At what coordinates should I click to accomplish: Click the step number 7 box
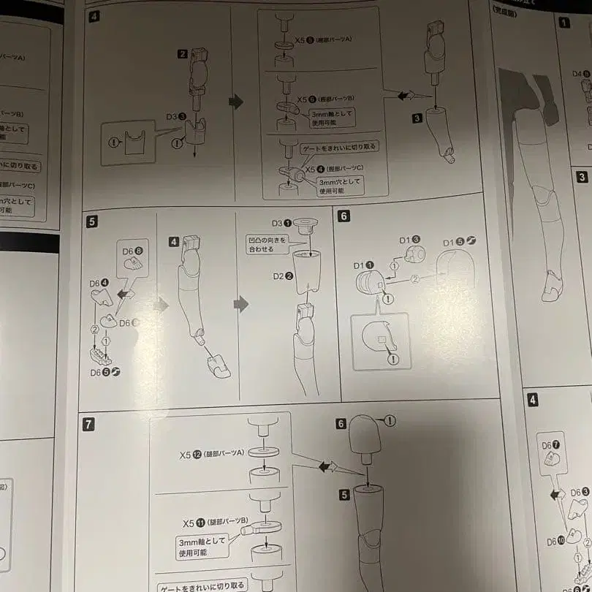click(88, 422)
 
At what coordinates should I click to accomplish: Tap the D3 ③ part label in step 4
click(175, 116)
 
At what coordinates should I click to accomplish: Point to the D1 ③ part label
click(409, 240)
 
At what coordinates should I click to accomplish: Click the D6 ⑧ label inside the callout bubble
click(132, 251)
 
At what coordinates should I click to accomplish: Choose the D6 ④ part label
click(99, 283)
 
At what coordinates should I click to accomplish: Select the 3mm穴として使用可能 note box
click(330, 185)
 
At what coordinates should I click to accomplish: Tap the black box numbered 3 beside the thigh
click(417, 117)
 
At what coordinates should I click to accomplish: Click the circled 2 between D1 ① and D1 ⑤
click(415, 278)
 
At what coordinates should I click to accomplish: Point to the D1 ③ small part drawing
click(414, 254)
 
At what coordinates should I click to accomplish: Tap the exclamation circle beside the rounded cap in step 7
click(390, 420)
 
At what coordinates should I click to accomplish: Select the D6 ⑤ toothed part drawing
click(100, 357)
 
